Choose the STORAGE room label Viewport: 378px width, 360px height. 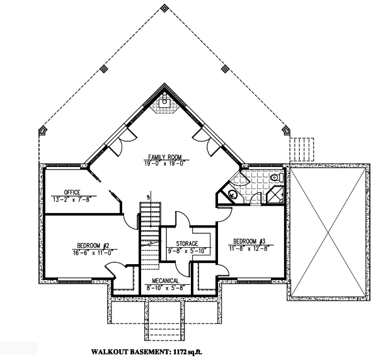pyautogui.click(x=187, y=243)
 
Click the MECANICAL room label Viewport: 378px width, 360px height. pyautogui.click(x=163, y=281)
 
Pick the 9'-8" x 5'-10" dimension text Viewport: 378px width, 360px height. pyautogui.click(x=187, y=250)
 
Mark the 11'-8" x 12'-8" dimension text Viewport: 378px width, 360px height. pyautogui.click(x=249, y=248)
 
